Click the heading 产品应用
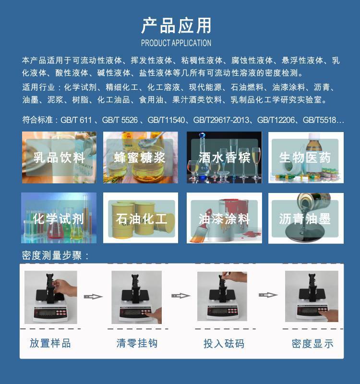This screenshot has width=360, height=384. coord(176,25)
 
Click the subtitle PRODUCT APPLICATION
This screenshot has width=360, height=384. coord(176,43)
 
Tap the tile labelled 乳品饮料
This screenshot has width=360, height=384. coord(59,157)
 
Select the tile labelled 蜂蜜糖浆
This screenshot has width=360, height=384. coord(140,157)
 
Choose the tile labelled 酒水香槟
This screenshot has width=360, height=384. coord(224,157)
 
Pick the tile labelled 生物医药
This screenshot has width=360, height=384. coord(306,157)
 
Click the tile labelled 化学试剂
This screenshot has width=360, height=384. coord(59,218)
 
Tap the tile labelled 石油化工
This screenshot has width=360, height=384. coord(141,218)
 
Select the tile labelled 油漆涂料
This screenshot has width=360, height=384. coord(224,218)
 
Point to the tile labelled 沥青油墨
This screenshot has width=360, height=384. coord(306,218)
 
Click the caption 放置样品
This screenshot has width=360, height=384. coord(50,343)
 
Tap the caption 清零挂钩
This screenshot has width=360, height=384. coord(137,343)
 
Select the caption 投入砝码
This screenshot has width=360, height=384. coord(224,344)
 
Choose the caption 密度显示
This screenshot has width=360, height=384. coord(312,344)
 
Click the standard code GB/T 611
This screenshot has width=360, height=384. coord(76,120)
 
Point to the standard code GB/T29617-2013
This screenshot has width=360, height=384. coord(221,120)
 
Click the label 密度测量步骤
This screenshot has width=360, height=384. coord(52,255)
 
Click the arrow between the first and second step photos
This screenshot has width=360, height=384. coord(93,297)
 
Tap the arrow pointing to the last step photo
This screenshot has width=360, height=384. coord(268,295)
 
